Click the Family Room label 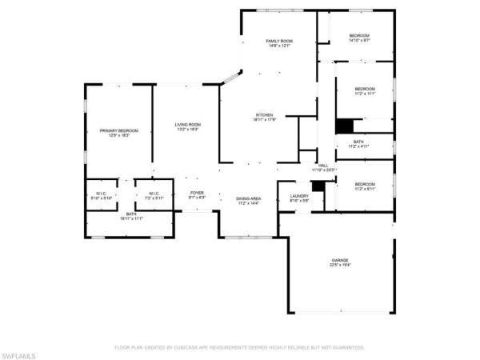point(278,42)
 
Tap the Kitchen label point(265,117)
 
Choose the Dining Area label point(248,200)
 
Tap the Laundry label point(299,198)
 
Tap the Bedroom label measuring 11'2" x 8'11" point(365,186)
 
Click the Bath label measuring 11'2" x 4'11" point(358,144)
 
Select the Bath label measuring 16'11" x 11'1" point(130,217)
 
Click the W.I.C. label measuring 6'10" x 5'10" point(102,194)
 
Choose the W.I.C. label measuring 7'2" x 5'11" point(152,194)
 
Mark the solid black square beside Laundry point(318,186)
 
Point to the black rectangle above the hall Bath point(343,126)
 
